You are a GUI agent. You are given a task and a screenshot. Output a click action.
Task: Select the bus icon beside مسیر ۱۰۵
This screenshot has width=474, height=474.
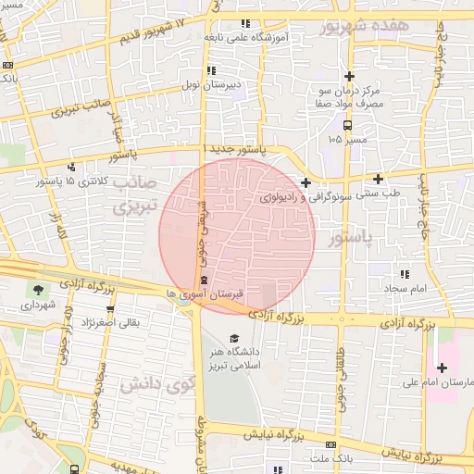(x=347, y=124)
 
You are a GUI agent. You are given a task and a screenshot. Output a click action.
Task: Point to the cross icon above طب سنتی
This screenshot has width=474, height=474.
(x=378, y=178)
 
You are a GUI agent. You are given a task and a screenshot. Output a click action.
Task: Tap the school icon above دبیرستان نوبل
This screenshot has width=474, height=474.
(x=212, y=70)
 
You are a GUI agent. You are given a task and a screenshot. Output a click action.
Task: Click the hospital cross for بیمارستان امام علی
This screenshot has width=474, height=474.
(x=442, y=368)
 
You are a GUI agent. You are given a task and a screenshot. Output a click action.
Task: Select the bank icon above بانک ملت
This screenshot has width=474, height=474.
(x=319, y=444)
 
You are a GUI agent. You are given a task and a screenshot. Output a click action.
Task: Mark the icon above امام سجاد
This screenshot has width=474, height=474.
(x=404, y=274)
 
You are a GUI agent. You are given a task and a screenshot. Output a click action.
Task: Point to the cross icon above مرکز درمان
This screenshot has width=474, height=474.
(x=349, y=76)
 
